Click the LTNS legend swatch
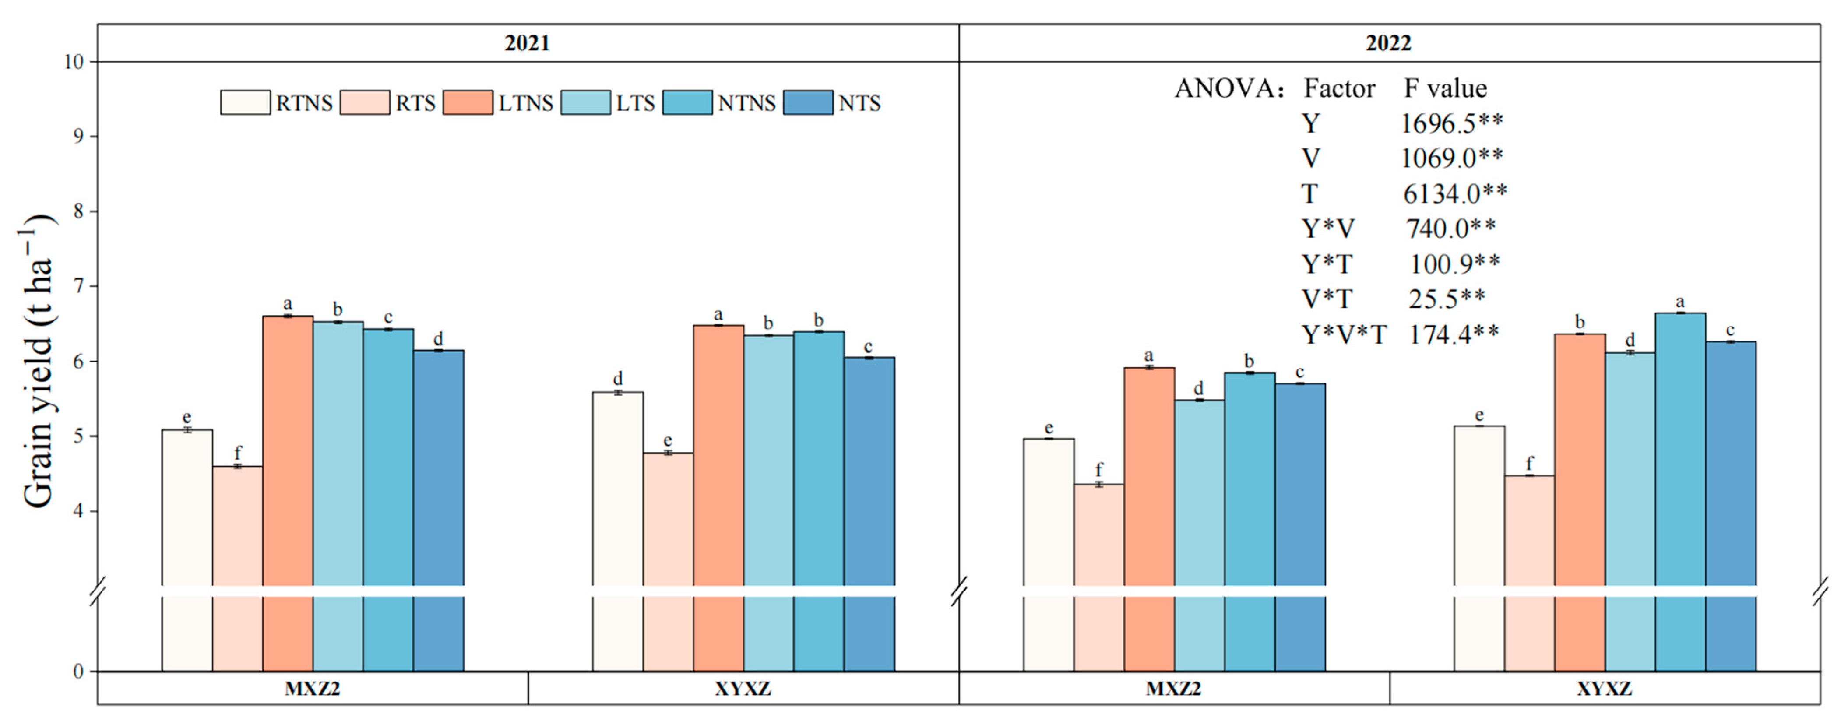click(x=468, y=102)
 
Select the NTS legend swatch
click(x=808, y=102)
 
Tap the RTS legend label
click(x=415, y=103)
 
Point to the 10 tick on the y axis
click(x=74, y=62)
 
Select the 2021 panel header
click(x=527, y=43)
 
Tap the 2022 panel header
click(x=1388, y=43)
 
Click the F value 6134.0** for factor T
click(x=1455, y=193)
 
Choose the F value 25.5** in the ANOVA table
click(x=1446, y=299)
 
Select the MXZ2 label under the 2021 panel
click(x=312, y=689)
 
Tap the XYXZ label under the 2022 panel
click(x=1604, y=689)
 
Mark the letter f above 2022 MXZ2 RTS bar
click(x=1098, y=470)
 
